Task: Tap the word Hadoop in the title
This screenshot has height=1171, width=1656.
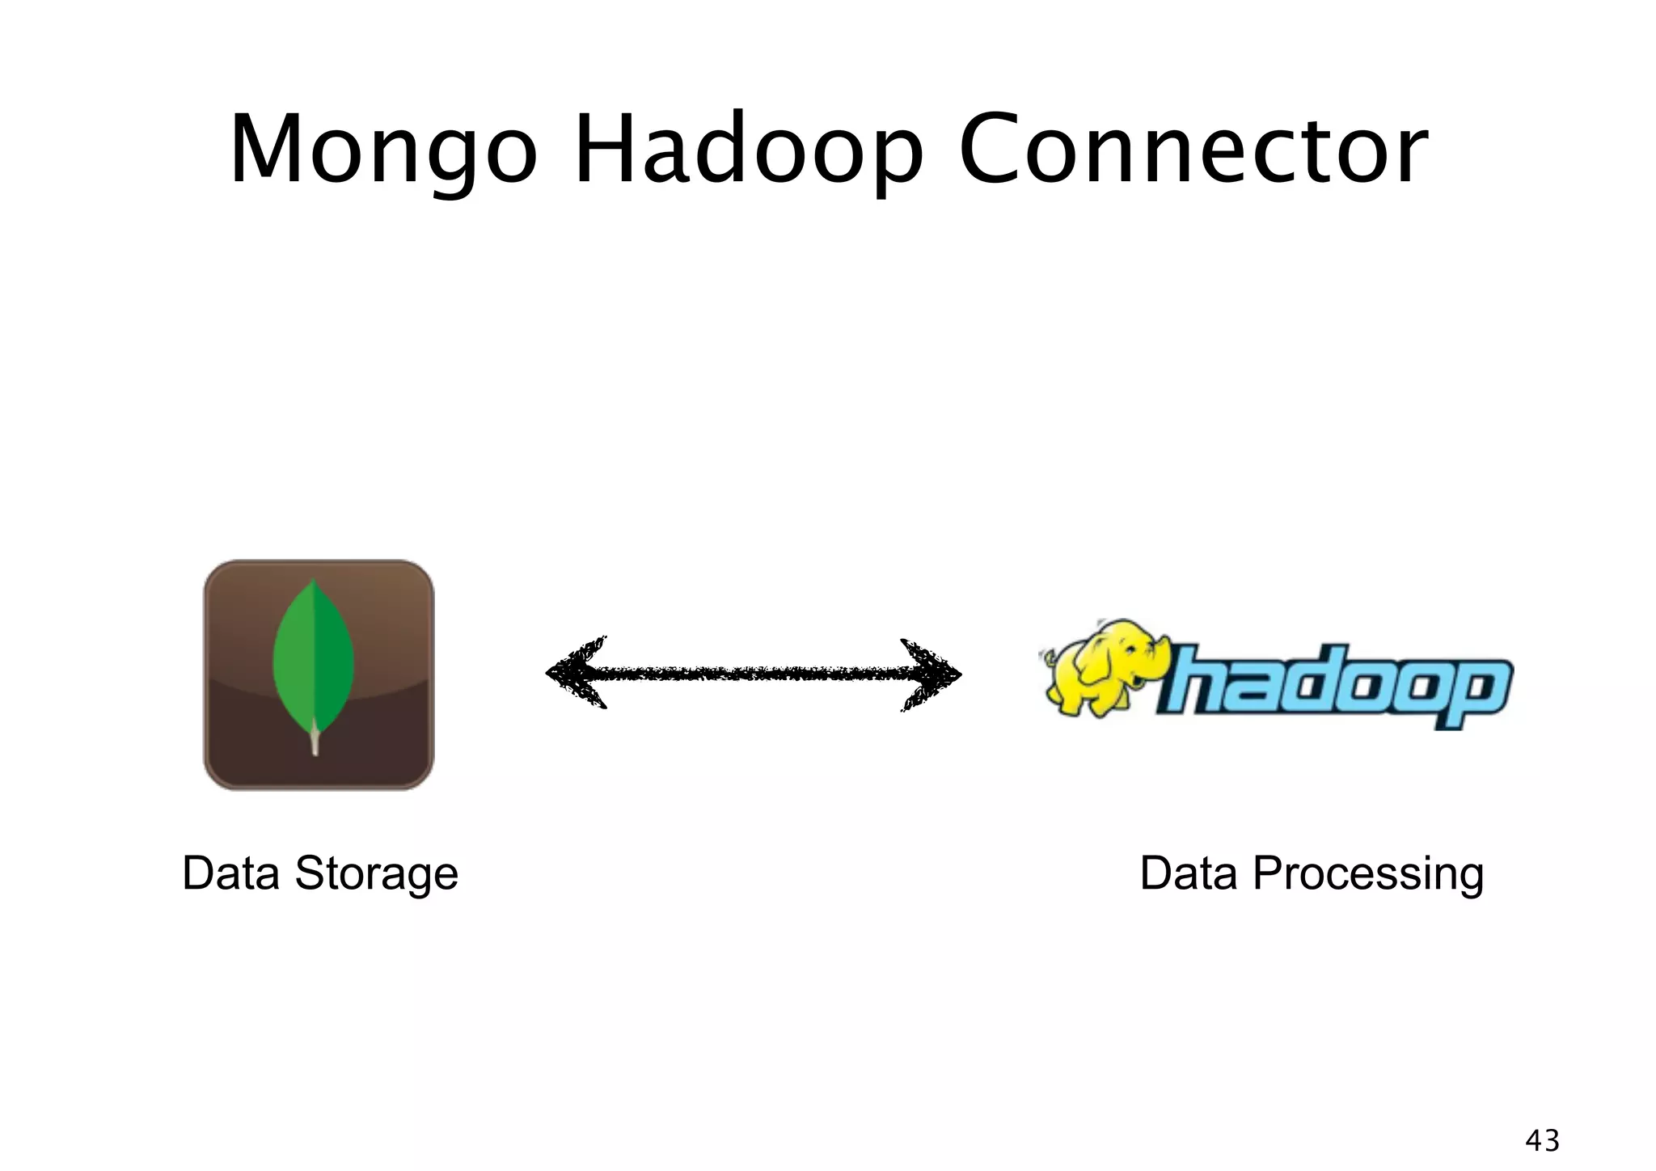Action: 748,151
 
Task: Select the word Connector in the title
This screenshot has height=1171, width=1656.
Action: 1193,151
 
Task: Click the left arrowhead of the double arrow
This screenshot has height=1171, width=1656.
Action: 576,673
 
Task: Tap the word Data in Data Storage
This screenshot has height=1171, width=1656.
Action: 230,873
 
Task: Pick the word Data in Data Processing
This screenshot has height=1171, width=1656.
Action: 1188,873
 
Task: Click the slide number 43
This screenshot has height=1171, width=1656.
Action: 1542,1140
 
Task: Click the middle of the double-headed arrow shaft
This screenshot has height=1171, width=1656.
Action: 754,673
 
